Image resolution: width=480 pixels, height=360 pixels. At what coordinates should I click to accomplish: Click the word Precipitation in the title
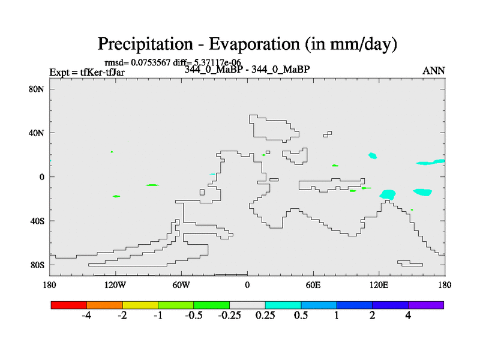(x=145, y=44)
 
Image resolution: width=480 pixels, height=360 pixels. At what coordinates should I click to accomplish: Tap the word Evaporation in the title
(x=254, y=44)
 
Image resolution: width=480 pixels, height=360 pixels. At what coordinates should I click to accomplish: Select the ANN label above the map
(x=433, y=71)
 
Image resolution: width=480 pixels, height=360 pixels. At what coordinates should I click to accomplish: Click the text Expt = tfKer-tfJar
(x=87, y=72)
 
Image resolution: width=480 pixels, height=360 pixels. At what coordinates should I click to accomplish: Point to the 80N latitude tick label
(x=37, y=89)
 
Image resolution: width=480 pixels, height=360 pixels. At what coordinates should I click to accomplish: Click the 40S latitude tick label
(x=37, y=221)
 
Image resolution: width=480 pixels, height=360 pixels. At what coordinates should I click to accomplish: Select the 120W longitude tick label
(x=115, y=285)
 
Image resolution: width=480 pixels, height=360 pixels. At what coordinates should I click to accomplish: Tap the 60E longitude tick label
(x=313, y=285)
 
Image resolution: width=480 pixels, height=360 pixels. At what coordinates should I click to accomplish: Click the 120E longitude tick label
(x=379, y=285)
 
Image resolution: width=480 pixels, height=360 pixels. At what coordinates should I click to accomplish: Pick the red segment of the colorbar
(x=69, y=305)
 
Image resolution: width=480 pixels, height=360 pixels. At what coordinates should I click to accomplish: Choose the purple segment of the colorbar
(x=426, y=305)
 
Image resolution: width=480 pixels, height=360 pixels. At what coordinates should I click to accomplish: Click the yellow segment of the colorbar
(x=140, y=305)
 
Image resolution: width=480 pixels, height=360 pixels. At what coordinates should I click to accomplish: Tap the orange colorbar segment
(x=104, y=305)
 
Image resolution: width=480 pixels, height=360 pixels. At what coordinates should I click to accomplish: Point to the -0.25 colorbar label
(x=229, y=316)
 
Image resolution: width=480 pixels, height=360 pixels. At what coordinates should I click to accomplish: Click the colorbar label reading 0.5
(x=301, y=316)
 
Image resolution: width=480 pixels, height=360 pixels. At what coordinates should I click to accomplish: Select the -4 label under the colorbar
(x=86, y=316)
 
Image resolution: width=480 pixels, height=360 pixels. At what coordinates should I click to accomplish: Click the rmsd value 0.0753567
(x=151, y=62)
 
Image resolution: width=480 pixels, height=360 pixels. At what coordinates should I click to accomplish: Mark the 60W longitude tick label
(x=181, y=285)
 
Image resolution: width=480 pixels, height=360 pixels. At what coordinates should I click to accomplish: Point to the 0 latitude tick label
(x=42, y=177)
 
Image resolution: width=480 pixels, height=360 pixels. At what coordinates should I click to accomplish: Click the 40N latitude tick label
(x=37, y=133)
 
